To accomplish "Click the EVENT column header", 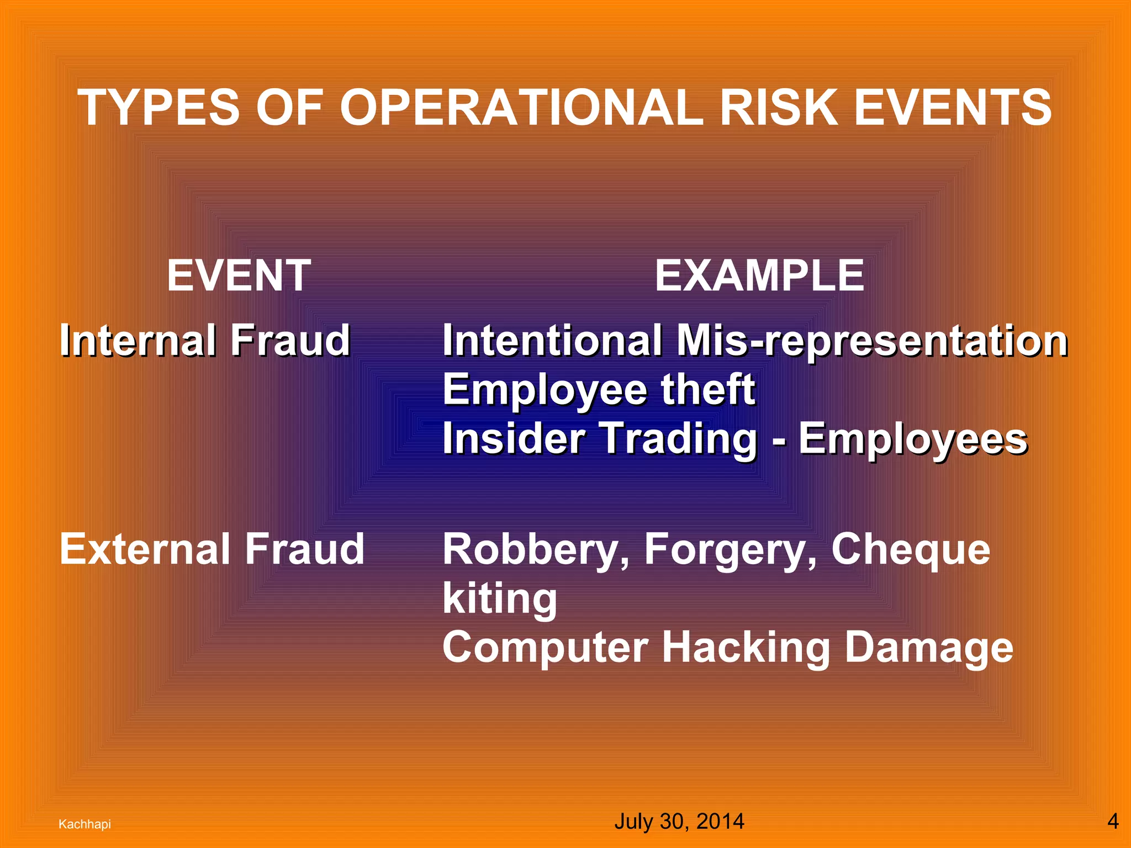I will pos(239,275).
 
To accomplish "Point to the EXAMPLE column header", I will pos(759,275).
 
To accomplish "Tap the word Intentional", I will pos(552,340).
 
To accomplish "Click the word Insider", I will pos(514,438).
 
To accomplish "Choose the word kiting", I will pos(500,599).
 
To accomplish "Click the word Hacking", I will pos(746,648).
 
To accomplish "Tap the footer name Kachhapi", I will pos(84,824).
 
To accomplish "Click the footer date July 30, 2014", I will pos(679,821).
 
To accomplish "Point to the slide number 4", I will pos(1113,821).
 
